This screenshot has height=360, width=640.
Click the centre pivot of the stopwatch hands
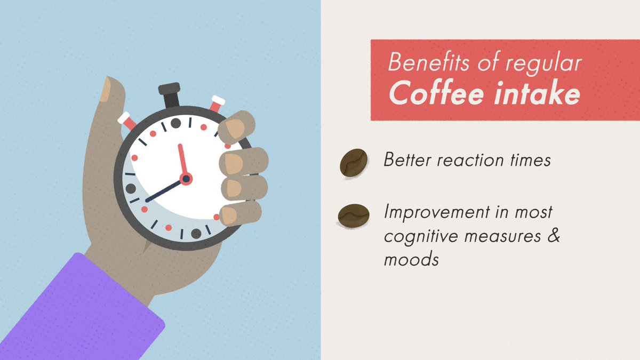tap(186, 179)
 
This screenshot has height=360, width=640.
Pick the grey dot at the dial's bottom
tap(196, 233)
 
